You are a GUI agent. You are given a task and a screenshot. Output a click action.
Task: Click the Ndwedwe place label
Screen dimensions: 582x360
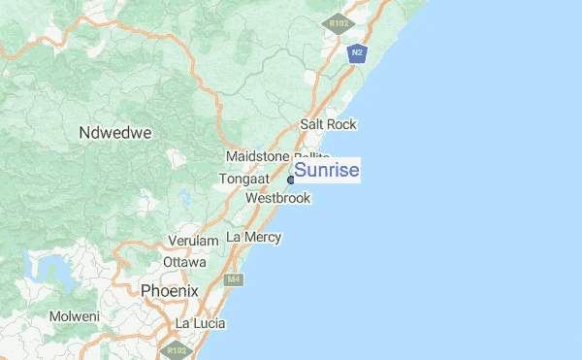(115, 132)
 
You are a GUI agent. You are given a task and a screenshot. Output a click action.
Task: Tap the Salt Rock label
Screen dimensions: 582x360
(328, 124)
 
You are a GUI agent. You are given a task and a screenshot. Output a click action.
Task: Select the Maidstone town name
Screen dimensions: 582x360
(257, 156)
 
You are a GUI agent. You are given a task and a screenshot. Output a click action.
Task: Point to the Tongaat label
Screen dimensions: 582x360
(243, 179)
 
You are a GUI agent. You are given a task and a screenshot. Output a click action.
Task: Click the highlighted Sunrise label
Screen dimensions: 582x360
(327, 171)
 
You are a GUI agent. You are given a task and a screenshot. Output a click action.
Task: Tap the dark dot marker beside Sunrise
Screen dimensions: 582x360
(290, 180)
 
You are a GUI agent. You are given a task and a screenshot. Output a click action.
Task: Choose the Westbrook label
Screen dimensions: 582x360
(278, 198)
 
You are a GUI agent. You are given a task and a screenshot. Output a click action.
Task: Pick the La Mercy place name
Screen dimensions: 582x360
(253, 237)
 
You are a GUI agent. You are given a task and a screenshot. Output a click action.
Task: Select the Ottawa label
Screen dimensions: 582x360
(184, 262)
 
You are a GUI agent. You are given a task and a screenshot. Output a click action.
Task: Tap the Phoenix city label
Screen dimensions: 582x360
(169, 290)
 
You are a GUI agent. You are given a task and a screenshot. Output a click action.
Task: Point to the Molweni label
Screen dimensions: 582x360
(75, 316)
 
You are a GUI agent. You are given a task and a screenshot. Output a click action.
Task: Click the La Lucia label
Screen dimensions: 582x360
(200, 322)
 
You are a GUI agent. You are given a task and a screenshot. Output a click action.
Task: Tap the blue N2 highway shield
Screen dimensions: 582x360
(358, 52)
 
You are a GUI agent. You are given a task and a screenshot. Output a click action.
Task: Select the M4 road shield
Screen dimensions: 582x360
(233, 280)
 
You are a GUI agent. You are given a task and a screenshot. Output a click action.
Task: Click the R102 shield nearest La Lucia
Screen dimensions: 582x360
(177, 349)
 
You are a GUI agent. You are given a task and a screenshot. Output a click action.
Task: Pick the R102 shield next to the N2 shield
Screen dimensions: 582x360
(338, 22)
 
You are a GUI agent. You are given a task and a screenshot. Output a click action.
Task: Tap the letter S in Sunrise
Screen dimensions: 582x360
(301, 171)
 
